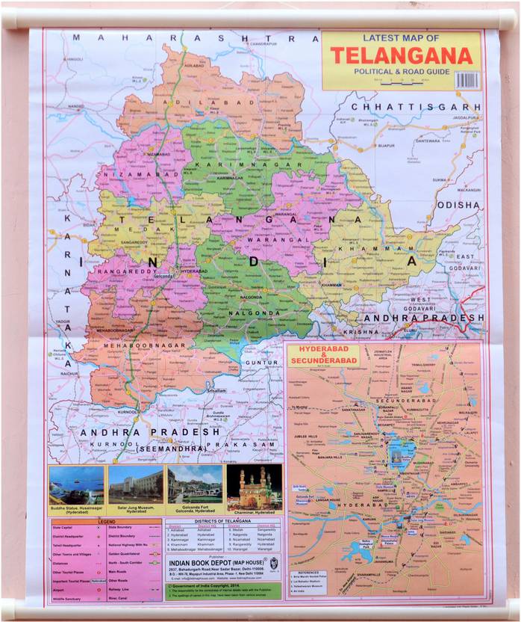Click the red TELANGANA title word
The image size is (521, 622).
click(402, 56)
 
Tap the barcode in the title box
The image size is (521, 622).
click(467, 80)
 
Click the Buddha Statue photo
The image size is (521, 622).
click(76, 485)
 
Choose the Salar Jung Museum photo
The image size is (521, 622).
click(135, 485)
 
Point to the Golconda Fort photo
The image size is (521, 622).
click(194, 485)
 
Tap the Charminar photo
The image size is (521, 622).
click(254, 485)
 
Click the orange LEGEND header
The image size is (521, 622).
click(105, 521)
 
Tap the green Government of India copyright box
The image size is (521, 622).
click(222, 591)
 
